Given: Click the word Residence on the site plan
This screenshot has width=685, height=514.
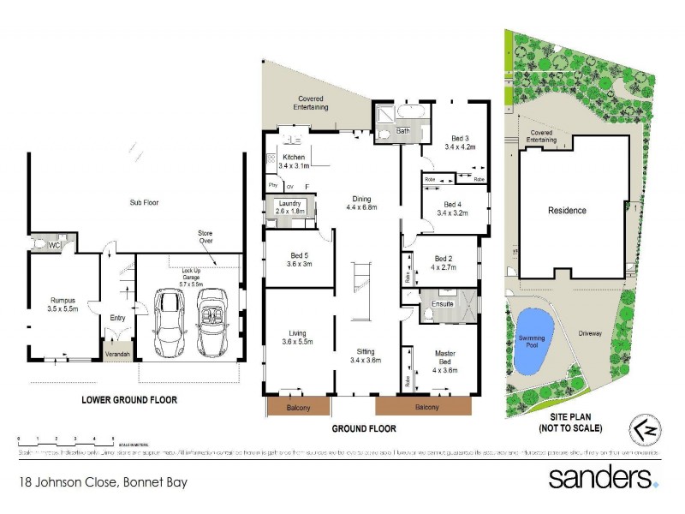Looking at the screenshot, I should click(567, 210).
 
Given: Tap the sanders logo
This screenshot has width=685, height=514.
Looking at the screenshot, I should click(604, 476).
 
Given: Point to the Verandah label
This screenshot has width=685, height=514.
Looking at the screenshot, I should click(116, 352).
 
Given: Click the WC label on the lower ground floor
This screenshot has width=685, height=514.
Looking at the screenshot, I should click(53, 246).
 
